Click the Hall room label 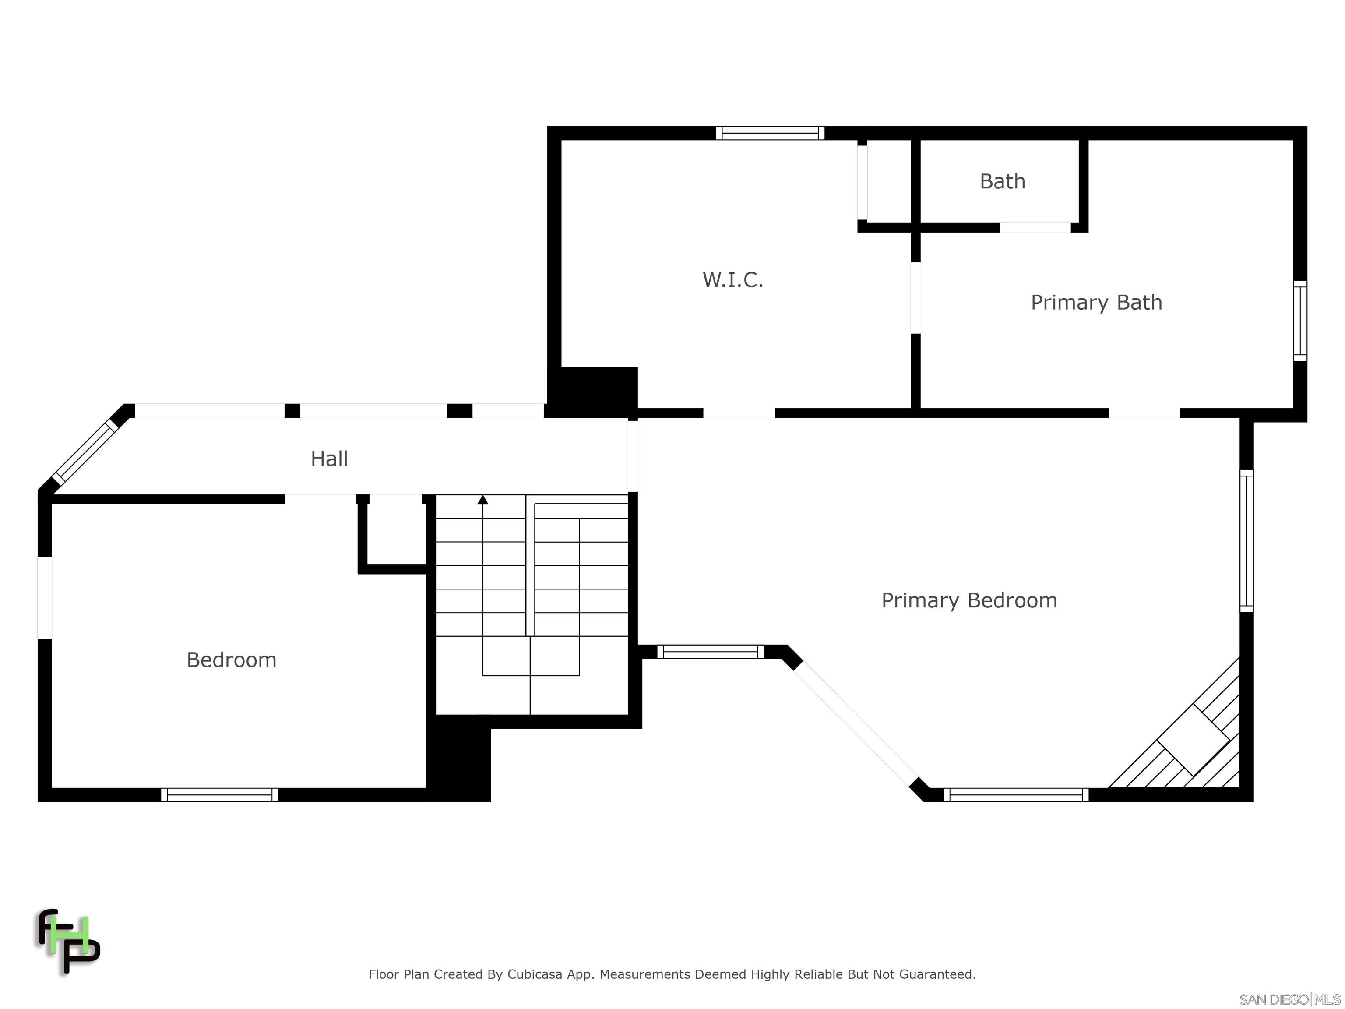tap(329, 459)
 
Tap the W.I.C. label tap(732, 280)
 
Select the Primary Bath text tap(1096, 302)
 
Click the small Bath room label tap(1002, 181)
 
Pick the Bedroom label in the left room tap(231, 660)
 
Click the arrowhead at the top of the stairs tap(483, 500)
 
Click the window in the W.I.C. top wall tap(770, 133)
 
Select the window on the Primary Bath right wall tap(1299, 321)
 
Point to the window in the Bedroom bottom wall tap(219, 794)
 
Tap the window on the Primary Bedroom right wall tap(1246, 541)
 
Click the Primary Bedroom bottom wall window tap(1015, 794)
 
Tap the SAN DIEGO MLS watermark tap(1289, 999)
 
